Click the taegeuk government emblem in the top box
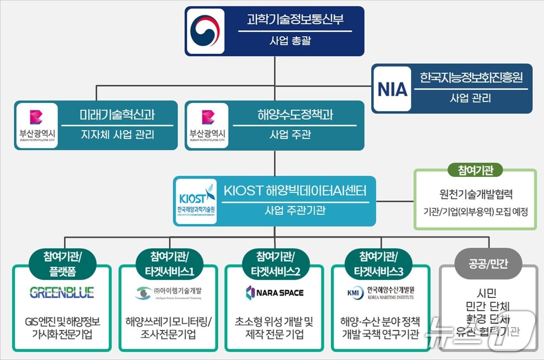coord(206,31)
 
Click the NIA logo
coord(392,89)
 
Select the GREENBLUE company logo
coord(62,292)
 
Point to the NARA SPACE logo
coord(274,293)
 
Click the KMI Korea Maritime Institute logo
coord(380,293)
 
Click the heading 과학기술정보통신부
coord(295,19)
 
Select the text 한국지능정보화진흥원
coord(471,77)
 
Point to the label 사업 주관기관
coord(295,210)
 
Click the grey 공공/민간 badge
coord(488,264)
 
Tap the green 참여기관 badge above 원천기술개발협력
coord(475,170)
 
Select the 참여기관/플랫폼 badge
coord(62,264)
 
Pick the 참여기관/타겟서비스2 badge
coord(275,264)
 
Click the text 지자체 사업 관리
coord(117,135)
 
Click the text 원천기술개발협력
coord(476,194)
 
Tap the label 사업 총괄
coord(290,40)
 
